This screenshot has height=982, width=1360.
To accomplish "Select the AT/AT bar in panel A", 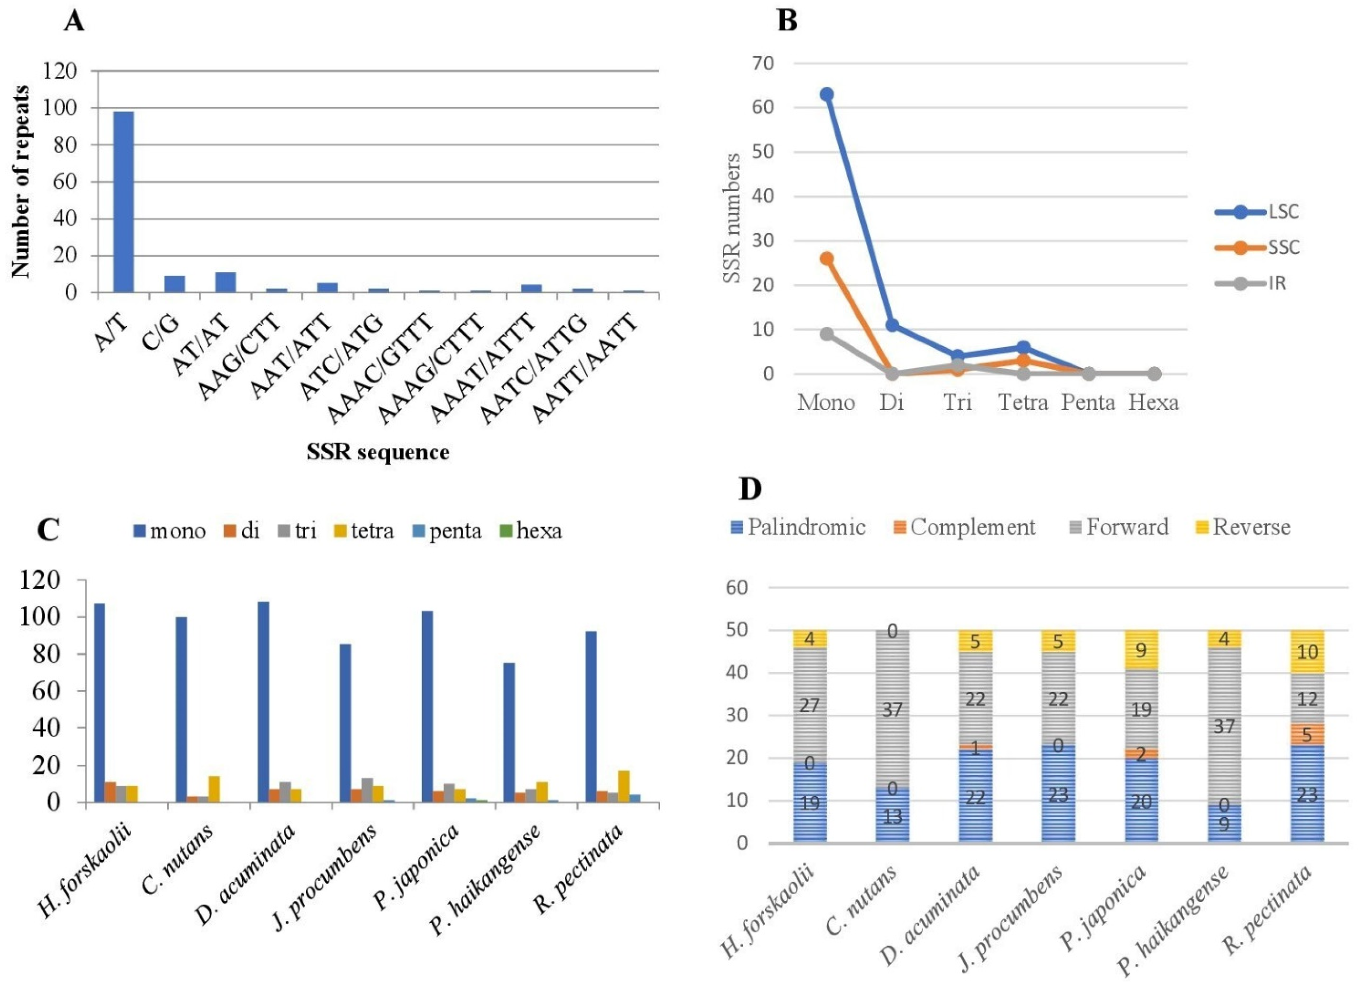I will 226,282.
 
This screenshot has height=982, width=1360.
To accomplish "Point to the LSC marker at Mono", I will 827,95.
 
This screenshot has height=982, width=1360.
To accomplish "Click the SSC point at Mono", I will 827,259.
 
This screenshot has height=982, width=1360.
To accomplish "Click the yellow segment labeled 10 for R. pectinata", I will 1307,651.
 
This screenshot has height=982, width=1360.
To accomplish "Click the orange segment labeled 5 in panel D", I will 1307,734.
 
